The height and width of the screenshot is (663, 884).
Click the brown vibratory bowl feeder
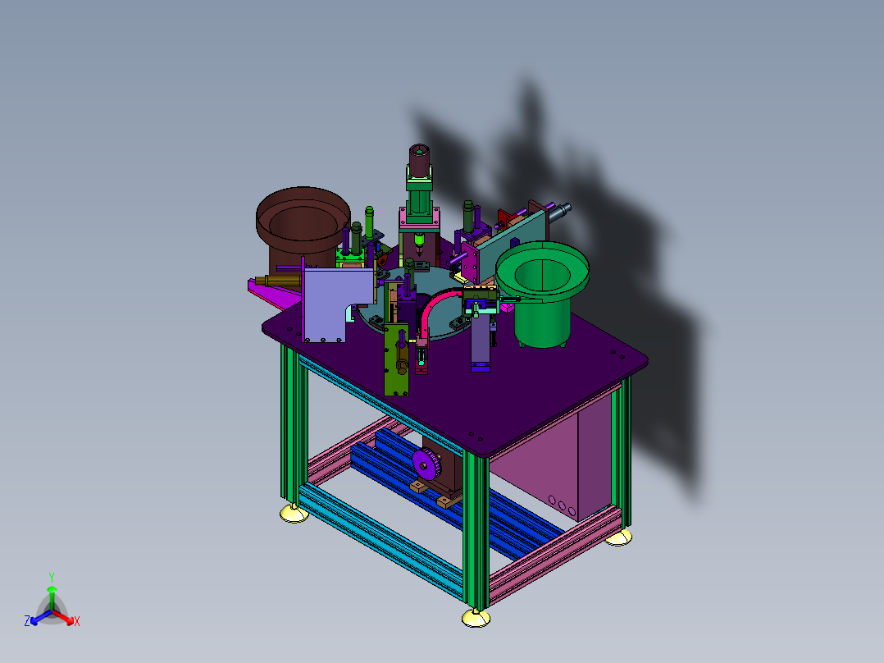click(x=303, y=226)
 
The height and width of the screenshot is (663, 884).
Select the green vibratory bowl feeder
click(x=542, y=294)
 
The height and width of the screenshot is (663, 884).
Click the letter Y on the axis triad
click(x=52, y=578)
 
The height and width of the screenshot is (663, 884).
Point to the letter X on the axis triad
click(x=77, y=621)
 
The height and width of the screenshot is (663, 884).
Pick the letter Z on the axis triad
click(x=27, y=621)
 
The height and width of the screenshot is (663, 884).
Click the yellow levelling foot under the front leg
click(x=476, y=618)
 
